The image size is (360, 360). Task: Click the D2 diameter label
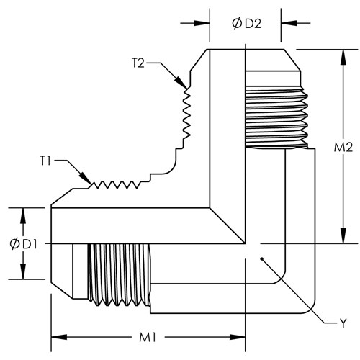(x=247, y=24)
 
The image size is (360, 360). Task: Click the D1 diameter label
(x=23, y=244)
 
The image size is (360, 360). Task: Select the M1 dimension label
(x=148, y=338)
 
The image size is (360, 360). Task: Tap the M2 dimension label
(x=343, y=147)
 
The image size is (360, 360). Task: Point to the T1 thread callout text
(x=45, y=161)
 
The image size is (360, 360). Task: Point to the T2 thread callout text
(x=138, y=63)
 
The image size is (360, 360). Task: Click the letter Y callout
(x=343, y=323)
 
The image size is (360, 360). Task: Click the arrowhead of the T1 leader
(x=86, y=179)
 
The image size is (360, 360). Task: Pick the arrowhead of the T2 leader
(x=181, y=83)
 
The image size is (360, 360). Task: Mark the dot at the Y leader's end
(x=262, y=258)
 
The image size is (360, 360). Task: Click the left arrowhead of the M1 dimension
(x=59, y=337)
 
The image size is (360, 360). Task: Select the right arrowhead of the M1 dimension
(x=238, y=337)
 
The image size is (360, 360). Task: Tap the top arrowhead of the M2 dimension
(x=343, y=57)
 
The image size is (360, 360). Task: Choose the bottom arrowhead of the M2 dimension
(x=343, y=235)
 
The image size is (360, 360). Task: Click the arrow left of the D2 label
(x=202, y=23)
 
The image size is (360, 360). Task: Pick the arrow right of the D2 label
(x=289, y=23)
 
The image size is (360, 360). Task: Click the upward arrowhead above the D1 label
(x=23, y=216)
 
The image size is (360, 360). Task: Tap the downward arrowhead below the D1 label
(x=23, y=271)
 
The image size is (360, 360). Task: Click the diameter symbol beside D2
(x=237, y=24)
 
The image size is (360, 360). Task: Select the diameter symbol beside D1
(x=14, y=244)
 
